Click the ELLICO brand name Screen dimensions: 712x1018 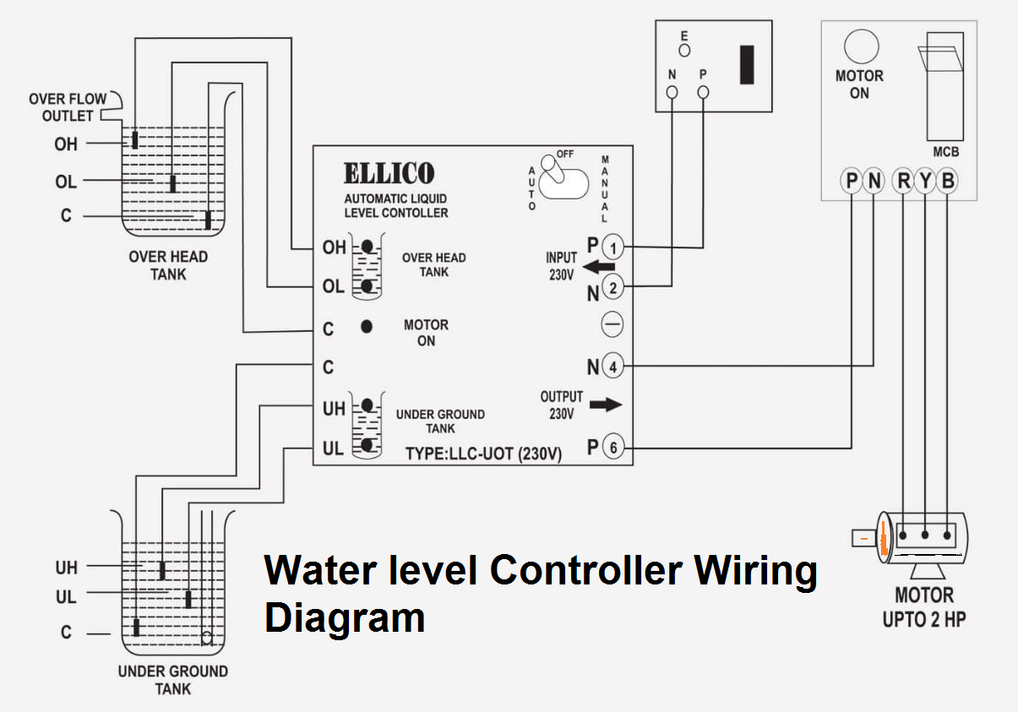389,174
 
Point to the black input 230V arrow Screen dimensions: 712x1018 599,268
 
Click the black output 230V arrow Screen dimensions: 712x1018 605,405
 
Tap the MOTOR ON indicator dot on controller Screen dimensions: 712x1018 367,326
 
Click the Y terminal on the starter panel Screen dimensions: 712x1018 926,181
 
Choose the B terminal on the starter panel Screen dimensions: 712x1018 948,181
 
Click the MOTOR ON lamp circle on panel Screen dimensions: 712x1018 862,46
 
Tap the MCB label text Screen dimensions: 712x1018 945,153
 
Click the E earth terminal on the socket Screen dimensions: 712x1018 685,50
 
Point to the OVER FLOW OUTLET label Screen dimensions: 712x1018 68,107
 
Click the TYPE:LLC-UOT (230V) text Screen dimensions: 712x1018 483,453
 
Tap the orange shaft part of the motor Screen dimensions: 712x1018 881,537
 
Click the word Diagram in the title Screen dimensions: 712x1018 344,617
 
